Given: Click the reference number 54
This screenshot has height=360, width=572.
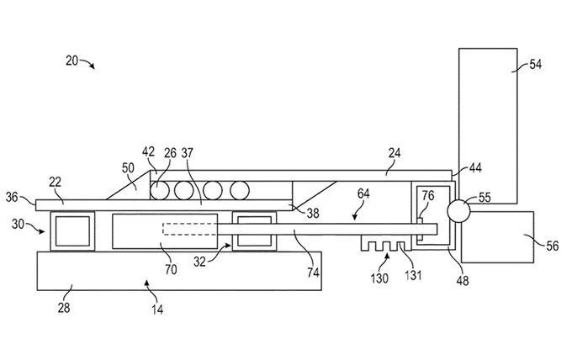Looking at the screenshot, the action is tap(535, 65).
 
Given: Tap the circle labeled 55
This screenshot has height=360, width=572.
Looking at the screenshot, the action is tap(458, 211).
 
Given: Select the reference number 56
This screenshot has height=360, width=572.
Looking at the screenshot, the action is tap(553, 246).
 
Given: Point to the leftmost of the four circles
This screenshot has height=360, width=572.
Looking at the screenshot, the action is tap(160, 190).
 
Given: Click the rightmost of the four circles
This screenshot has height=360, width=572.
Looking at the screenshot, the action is tap(240, 190).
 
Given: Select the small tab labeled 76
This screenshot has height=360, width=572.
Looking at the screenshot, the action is tap(420, 229).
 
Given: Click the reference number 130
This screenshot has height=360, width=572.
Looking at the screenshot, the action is tap(379, 278).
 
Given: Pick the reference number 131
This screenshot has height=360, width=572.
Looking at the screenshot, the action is tap(413, 275).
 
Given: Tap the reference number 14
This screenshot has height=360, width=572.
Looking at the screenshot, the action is tap(157, 310).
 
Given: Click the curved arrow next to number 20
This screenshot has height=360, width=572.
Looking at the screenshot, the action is tap(87, 63).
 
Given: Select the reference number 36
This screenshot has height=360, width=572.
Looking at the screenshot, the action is tap(12, 197).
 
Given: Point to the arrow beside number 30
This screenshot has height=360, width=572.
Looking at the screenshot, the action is tap(35, 228).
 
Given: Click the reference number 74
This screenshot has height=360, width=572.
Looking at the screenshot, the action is tap(313, 273).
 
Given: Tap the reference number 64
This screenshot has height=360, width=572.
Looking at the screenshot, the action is tap(363, 193).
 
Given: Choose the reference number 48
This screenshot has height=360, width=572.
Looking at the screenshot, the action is tap(463, 280).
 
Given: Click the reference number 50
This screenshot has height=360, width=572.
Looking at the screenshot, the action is tap(128, 168).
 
